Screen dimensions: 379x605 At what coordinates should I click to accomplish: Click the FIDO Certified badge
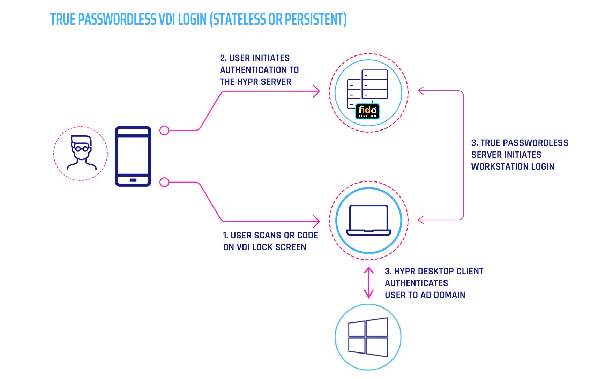[367, 111]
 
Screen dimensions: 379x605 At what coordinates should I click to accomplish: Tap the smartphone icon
[133, 156]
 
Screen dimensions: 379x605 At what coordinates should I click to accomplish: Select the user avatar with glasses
[81, 153]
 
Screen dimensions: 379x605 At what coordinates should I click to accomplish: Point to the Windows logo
[368, 337]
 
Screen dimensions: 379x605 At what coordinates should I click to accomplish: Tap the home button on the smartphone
[133, 180]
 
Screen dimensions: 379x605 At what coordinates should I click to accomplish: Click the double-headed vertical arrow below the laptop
[369, 283]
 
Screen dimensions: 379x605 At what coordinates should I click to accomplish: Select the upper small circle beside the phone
[164, 131]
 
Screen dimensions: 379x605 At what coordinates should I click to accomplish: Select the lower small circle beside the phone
[164, 182]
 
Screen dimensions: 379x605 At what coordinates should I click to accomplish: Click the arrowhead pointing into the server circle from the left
[317, 91]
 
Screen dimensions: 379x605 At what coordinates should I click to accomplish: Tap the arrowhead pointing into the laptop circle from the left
[317, 221]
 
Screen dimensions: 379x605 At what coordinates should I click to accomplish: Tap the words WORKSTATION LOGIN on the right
[513, 166]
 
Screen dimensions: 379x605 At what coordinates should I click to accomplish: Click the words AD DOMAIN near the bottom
[443, 295]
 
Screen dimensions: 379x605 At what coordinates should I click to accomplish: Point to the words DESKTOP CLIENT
[450, 271]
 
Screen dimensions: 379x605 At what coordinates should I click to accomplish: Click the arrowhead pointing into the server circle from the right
[421, 91]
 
